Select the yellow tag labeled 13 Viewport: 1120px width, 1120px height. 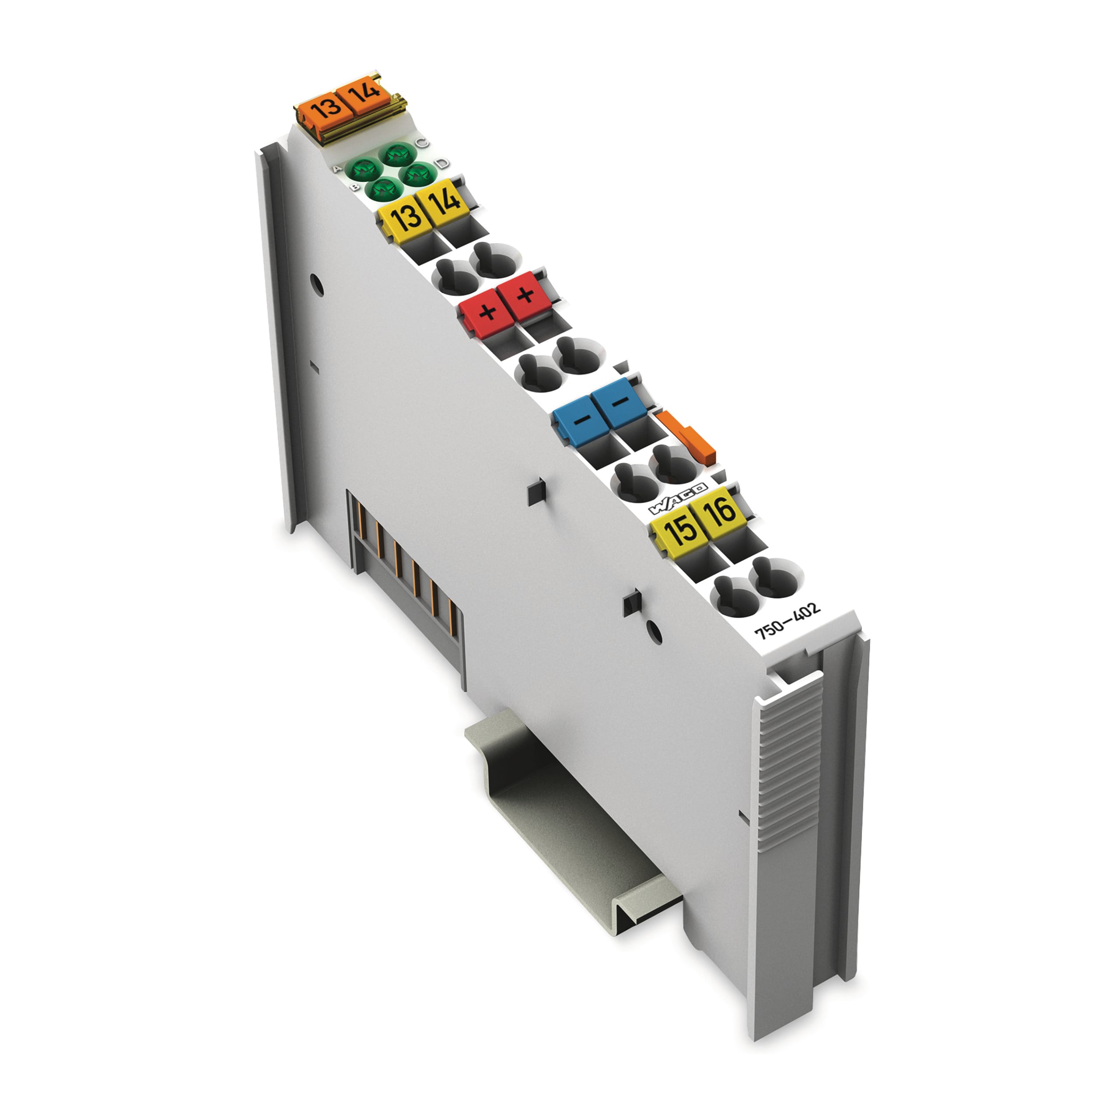click(406, 217)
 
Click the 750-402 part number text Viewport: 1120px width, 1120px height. click(787, 621)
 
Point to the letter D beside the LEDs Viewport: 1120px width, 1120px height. click(442, 163)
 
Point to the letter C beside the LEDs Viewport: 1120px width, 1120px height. click(422, 142)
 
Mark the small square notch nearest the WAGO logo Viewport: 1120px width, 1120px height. click(537, 492)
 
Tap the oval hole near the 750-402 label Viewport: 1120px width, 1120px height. click(653, 631)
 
